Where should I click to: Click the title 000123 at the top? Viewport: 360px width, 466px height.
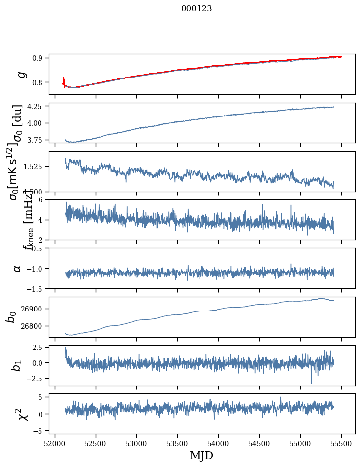(x=197, y=9)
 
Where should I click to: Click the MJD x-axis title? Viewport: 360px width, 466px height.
(x=201, y=455)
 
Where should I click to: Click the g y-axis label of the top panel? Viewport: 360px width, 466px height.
(x=21, y=75)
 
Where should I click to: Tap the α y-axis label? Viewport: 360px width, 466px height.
(x=18, y=268)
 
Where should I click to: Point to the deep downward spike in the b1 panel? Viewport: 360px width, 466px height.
(x=311, y=382)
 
